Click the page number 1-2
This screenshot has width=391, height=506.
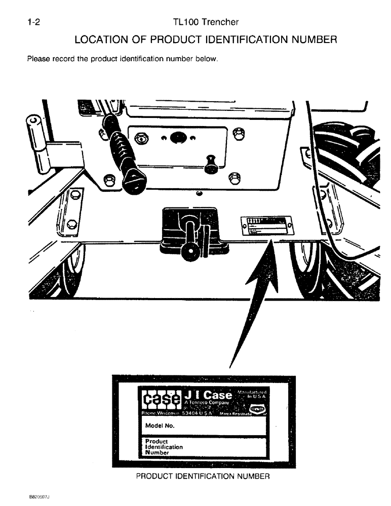click(x=33, y=22)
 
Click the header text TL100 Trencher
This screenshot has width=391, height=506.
click(x=205, y=22)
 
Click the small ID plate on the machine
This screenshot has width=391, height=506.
click(x=266, y=225)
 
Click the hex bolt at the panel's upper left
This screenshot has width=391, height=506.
click(x=140, y=137)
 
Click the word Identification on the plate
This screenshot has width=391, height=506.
click(x=164, y=447)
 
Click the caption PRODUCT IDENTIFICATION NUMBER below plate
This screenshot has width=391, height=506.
click(x=203, y=476)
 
